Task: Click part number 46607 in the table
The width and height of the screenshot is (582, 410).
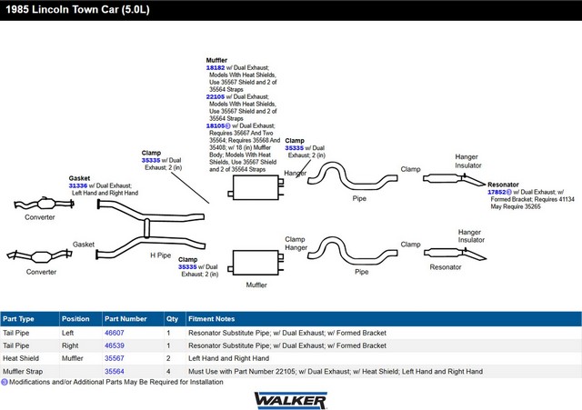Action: (x=115, y=333)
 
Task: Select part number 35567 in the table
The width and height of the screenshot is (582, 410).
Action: (x=115, y=358)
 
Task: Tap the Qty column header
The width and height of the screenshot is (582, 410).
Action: (x=172, y=319)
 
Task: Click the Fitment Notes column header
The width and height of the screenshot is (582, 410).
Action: (x=211, y=319)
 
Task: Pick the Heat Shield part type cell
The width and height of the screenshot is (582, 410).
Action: (x=21, y=358)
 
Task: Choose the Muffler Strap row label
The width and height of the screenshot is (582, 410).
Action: (x=23, y=371)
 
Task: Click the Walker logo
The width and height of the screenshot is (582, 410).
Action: (x=291, y=400)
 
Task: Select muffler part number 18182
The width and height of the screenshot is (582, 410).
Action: (x=216, y=67)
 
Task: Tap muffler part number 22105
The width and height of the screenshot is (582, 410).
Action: (x=216, y=96)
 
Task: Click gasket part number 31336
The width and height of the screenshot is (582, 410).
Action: (x=78, y=185)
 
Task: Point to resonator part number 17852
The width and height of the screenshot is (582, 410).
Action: (x=497, y=192)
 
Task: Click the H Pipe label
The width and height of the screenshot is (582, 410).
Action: (x=160, y=255)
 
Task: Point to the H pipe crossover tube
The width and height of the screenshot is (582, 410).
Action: (x=146, y=228)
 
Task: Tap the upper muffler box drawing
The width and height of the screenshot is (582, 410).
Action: (x=256, y=187)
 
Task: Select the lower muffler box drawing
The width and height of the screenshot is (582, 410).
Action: (x=256, y=263)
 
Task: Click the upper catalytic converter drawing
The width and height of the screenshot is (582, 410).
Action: (x=45, y=204)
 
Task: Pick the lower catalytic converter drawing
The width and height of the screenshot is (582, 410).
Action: (x=40, y=256)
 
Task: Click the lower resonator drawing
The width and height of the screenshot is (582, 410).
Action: (x=455, y=254)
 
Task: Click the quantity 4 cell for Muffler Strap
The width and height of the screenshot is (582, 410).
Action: (x=168, y=371)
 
